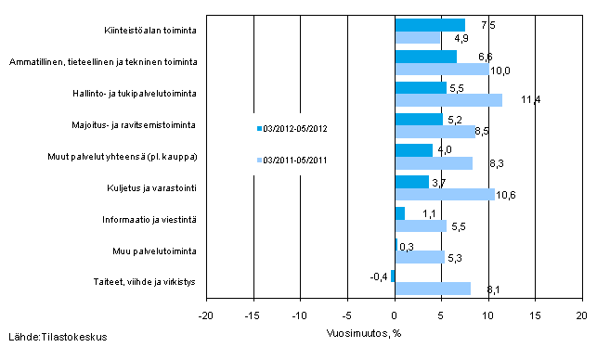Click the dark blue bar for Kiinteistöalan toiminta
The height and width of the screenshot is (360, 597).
(429, 25)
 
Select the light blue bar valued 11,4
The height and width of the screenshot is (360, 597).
(448, 99)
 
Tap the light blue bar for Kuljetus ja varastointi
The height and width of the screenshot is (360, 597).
(444, 194)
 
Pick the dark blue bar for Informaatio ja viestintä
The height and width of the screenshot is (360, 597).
(399, 213)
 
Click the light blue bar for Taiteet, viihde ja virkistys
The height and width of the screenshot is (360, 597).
(432, 289)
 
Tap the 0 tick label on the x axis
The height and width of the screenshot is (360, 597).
(395, 315)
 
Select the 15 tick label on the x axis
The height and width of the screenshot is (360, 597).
(535, 315)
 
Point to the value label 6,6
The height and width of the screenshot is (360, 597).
(472, 58)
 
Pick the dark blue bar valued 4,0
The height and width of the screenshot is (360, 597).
(413, 150)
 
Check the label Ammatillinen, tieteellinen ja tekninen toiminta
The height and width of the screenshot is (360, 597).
(103, 61)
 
